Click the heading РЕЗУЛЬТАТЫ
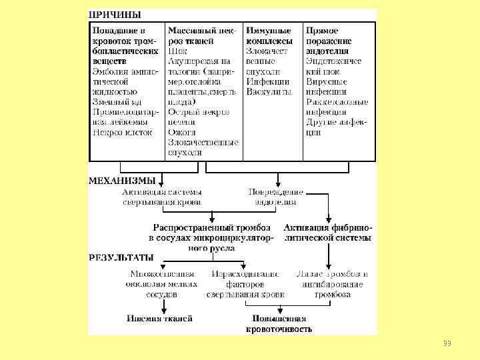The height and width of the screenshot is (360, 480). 121,257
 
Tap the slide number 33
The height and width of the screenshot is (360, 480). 447,343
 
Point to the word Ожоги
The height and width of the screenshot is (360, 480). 181,132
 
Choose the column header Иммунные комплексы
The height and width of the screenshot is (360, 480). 269,36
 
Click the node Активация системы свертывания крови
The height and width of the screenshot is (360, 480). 161,197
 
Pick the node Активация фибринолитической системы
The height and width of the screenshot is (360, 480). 327,233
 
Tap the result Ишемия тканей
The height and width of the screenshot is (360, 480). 159,318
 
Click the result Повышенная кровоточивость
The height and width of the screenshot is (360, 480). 279,323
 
